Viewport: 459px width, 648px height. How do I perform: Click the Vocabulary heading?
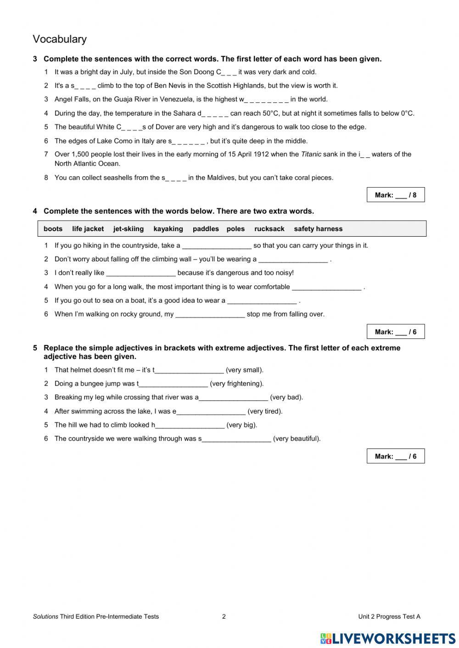pyautogui.click(x=60, y=39)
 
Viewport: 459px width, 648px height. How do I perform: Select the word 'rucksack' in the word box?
pyautogui.click(x=269, y=229)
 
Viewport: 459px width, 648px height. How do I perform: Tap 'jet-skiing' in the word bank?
pyautogui.click(x=129, y=229)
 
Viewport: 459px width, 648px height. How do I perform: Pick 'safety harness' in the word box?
pyautogui.click(x=318, y=229)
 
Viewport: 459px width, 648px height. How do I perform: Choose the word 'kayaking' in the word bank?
pyautogui.click(x=168, y=229)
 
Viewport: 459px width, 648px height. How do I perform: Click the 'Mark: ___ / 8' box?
pyautogui.click(x=396, y=195)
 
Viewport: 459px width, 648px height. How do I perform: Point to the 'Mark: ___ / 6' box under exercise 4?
pyautogui.click(x=396, y=332)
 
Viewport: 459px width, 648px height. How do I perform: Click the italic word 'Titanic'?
pyautogui.click(x=311, y=155)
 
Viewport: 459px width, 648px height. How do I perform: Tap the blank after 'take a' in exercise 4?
pyautogui.click(x=217, y=246)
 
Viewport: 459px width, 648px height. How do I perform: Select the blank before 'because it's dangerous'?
pyautogui.click(x=140, y=273)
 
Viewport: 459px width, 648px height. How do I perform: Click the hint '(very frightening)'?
pyautogui.click(x=236, y=384)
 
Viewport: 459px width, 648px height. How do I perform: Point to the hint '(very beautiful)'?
pyautogui.click(x=297, y=439)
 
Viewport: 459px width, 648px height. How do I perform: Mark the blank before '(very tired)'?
pyautogui.click(x=211, y=412)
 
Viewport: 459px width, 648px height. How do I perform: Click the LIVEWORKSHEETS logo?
pyautogui.click(x=388, y=638)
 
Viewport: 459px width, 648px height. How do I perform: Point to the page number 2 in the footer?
pyautogui.click(x=224, y=617)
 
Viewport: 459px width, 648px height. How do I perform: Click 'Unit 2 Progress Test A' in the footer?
pyautogui.click(x=389, y=617)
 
